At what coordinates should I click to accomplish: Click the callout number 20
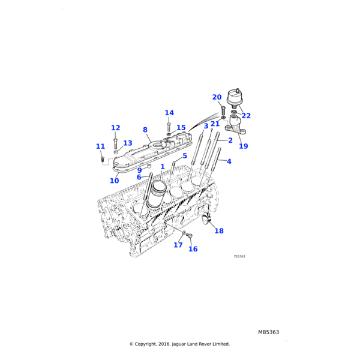217,97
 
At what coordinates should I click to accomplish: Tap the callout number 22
246,116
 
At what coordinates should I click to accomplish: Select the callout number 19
243,146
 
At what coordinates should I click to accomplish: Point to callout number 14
169,113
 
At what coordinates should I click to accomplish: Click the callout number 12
115,128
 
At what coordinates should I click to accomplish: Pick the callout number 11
100,146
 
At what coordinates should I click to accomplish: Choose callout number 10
114,181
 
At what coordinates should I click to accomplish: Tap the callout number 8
145,130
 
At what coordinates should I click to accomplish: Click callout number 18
219,231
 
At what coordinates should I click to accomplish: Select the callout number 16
193,249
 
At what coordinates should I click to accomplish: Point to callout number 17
178,245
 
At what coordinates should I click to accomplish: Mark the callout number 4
229,161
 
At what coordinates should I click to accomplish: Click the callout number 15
181,128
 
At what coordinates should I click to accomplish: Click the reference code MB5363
268,332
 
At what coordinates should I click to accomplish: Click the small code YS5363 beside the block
239,256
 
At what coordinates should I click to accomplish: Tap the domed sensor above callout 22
238,97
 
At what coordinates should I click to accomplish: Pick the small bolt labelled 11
103,158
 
